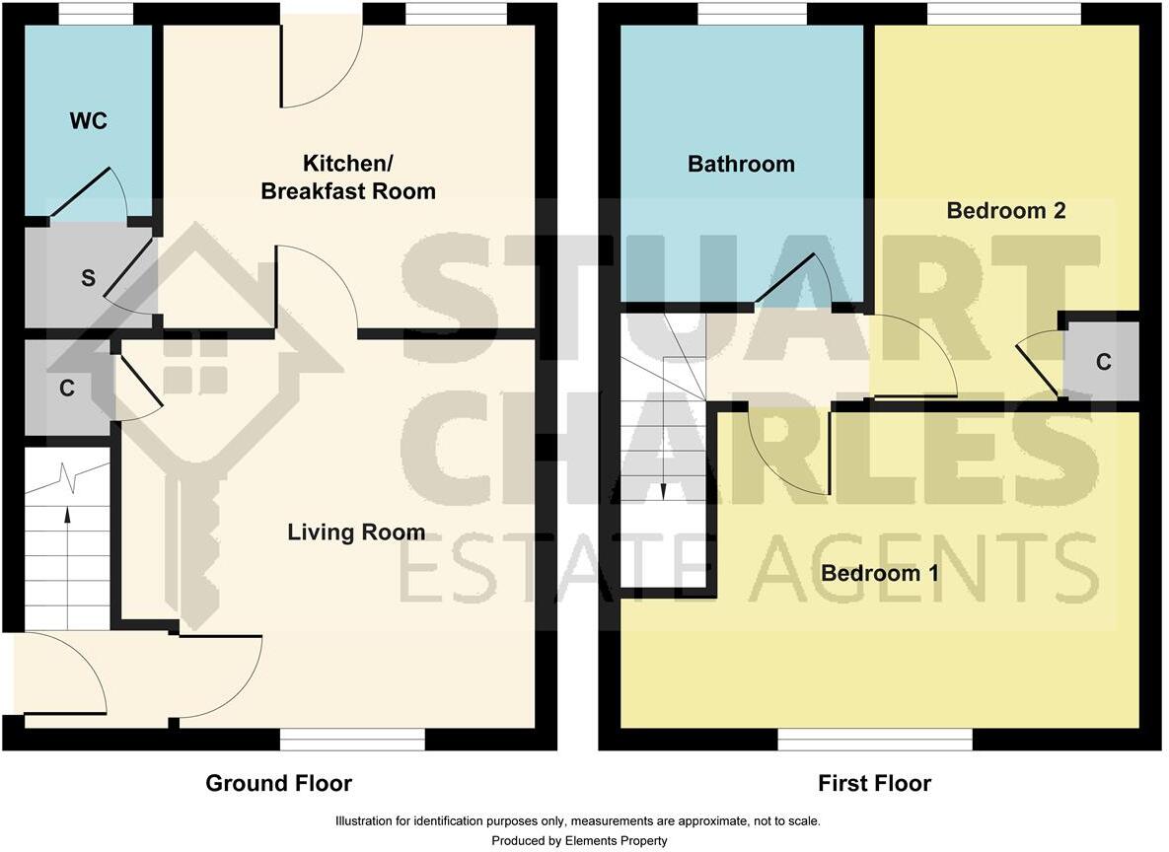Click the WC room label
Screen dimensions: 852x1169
[88, 121]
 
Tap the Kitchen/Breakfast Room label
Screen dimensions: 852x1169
[347, 177]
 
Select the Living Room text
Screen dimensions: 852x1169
[356, 532]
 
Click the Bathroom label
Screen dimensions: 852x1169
[741, 164]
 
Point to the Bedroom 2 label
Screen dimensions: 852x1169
[1005, 210]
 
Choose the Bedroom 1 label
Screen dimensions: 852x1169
[880, 572]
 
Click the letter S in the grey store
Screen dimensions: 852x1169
[88, 278]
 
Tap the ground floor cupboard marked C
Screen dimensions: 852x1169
[66, 389]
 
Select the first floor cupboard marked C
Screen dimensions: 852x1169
[1103, 362]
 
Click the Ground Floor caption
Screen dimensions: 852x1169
[278, 784]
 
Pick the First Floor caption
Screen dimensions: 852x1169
[874, 784]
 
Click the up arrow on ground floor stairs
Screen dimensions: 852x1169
[67, 516]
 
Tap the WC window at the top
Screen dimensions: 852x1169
[96, 14]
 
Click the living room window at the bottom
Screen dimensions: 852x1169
[352, 739]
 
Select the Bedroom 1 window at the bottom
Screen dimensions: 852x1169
[875, 739]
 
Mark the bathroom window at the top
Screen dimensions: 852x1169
[752, 14]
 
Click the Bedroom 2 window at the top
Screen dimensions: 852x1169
[1004, 14]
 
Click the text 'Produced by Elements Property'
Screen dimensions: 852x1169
[579, 841]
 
